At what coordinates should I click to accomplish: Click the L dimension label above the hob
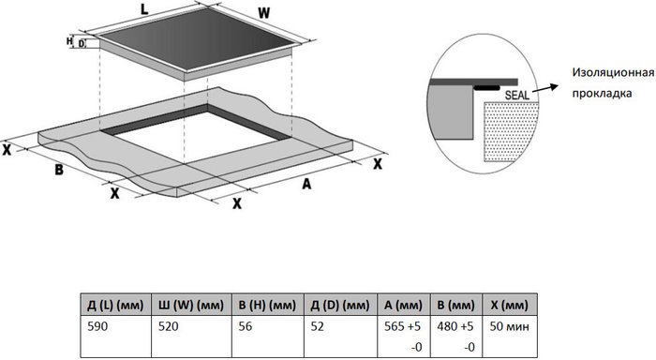click(144, 9)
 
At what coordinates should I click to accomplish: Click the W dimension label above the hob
click(263, 13)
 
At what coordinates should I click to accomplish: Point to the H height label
click(69, 41)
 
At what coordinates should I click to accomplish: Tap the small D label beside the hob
click(82, 43)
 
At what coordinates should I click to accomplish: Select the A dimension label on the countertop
click(306, 184)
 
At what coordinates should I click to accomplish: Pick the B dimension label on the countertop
click(59, 170)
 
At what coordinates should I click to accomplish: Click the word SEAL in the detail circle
click(517, 95)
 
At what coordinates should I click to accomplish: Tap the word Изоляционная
click(613, 72)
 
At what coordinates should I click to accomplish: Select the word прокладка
click(602, 93)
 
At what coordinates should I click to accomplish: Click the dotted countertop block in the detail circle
click(511, 131)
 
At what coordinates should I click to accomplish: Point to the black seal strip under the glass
click(486, 88)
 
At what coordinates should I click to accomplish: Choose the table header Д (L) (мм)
click(115, 305)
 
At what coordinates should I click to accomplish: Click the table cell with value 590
click(97, 326)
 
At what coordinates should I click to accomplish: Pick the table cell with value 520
click(168, 326)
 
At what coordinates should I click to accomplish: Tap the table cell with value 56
click(246, 326)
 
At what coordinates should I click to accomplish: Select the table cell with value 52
click(317, 326)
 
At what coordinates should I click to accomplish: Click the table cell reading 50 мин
click(509, 326)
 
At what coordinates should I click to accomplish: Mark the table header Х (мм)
click(509, 305)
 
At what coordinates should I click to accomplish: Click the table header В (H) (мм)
click(267, 305)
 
